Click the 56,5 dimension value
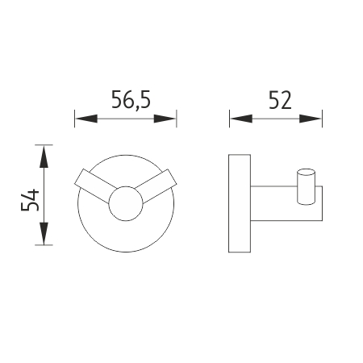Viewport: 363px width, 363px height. (x=131, y=100)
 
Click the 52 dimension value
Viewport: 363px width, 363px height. (x=280, y=100)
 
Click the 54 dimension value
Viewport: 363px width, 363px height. (x=31, y=200)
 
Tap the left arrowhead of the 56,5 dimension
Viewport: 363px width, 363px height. (x=86, y=119)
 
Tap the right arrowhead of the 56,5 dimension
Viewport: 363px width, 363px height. (x=165, y=119)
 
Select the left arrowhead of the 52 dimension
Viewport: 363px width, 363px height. (x=241, y=119)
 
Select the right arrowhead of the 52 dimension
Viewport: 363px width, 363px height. (x=311, y=119)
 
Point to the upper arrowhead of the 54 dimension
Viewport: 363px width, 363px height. (x=44, y=156)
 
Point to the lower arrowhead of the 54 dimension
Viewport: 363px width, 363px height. (x=44, y=233)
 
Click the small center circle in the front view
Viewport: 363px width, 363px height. (x=126, y=203)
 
